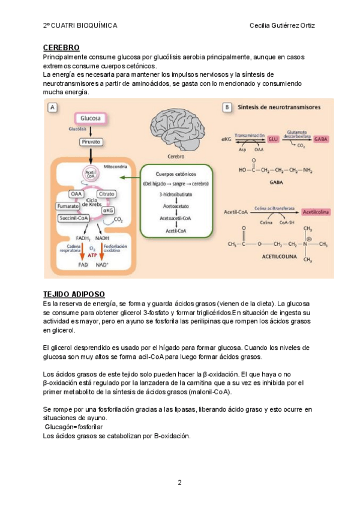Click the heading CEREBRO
point(62,47)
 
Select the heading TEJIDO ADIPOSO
point(74,294)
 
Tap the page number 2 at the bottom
point(179,483)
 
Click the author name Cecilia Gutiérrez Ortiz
point(282,26)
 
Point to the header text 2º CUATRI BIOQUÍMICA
point(80,26)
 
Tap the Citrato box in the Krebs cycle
point(107,194)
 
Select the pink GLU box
point(274,137)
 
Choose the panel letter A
point(53,107)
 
